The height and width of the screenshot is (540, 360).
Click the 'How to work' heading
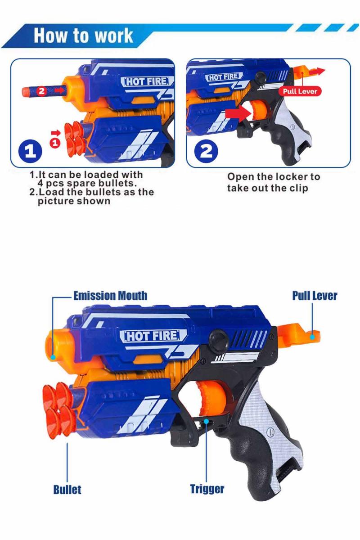(83, 36)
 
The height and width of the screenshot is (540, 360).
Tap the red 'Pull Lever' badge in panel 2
(300, 91)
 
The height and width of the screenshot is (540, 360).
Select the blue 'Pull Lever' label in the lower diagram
(315, 296)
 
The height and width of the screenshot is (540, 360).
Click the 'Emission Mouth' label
(110, 296)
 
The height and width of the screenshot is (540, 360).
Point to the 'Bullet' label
(67, 490)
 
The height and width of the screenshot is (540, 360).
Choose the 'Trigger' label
(207, 489)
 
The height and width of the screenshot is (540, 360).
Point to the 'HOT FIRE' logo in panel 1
(147, 81)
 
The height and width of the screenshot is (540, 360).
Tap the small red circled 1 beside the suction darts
(55, 143)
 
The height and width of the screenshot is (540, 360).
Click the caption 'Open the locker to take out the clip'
(273, 182)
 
